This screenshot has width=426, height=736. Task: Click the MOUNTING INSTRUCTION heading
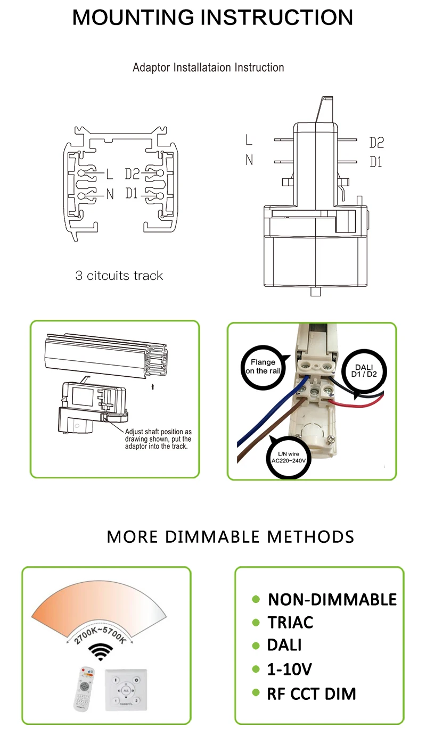click(x=212, y=18)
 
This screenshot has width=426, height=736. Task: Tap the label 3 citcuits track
click(x=119, y=276)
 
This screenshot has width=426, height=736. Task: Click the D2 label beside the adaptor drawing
click(x=376, y=143)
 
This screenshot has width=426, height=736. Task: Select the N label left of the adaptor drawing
click(x=249, y=160)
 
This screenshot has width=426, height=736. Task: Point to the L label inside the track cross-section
click(x=110, y=174)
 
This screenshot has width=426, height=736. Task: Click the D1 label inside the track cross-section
click(x=132, y=194)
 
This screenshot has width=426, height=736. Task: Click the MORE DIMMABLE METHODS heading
click(x=230, y=536)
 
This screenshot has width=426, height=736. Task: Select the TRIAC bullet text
click(x=290, y=622)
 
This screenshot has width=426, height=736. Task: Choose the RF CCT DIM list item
click(x=311, y=694)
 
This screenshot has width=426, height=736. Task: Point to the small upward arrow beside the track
click(x=152, y=387)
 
